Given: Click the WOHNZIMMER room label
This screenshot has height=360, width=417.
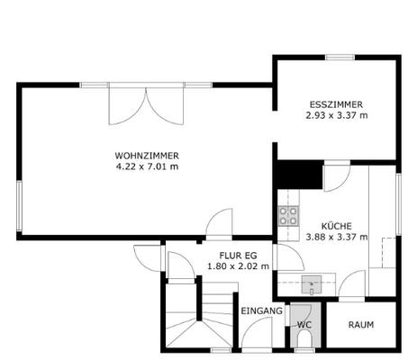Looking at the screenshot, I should (x=147, y=155).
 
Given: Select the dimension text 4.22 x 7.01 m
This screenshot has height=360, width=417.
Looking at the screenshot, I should (x=147, y=166).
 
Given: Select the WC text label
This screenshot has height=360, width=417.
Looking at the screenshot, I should (x=304, y=324).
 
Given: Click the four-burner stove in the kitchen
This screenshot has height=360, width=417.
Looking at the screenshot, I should (x=289, y=215).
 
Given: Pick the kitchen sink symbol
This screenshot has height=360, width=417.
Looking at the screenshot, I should (x=313, y=285).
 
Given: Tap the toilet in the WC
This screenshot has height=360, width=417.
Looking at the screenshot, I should (x=304, y=339).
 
